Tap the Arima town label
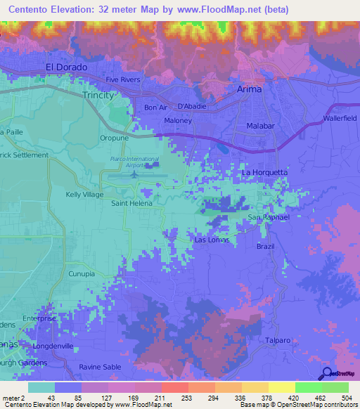point(247,89)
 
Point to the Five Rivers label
point(123,79)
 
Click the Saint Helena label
point(133,204)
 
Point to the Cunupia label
point(82,274)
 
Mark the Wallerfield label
point(341,117)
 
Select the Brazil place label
point(265,247)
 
